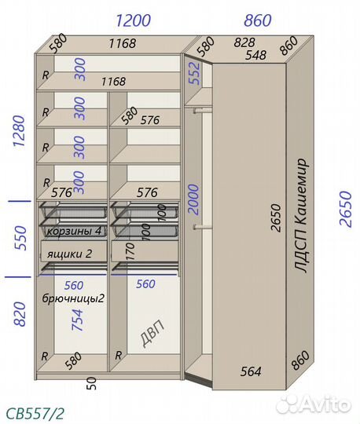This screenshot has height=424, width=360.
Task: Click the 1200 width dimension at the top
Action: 133,20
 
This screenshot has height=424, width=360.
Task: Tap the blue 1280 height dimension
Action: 20,131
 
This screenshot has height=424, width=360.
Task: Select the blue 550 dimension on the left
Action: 20,238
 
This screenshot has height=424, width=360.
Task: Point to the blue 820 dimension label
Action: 20,314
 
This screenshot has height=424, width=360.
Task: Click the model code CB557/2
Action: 35,414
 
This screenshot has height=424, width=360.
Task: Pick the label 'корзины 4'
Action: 74,231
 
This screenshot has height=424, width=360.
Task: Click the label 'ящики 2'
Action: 69,254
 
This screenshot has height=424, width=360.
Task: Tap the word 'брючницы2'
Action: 73,298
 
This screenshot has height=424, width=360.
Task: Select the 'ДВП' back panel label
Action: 152,333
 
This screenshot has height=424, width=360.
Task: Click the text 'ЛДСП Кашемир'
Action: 300,215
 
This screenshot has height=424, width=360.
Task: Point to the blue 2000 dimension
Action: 193,199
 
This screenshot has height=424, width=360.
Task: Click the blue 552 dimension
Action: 195,74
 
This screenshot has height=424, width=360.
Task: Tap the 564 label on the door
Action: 251,371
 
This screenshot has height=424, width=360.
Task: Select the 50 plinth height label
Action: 92,383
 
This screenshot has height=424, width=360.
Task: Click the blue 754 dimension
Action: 77,320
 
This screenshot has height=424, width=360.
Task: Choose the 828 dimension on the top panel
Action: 244,42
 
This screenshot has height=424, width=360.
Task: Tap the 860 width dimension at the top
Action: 258,20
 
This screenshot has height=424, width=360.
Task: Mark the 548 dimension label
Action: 256,55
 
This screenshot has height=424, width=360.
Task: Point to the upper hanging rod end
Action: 195,111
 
